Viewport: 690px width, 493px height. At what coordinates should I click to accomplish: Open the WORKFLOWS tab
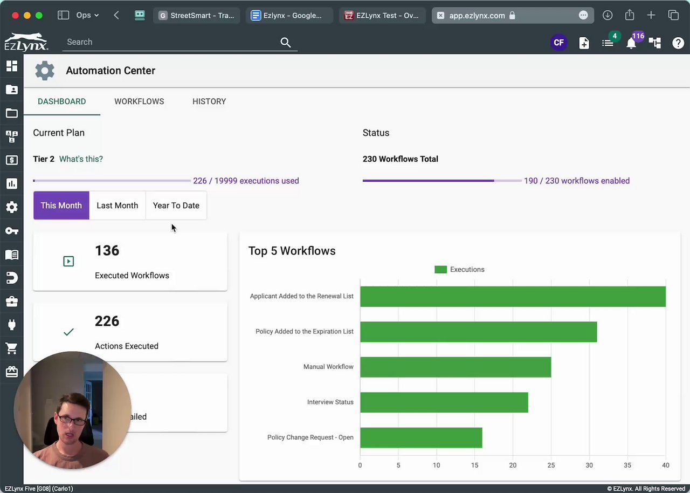point(139,101)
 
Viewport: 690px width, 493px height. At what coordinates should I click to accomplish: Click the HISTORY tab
point(209,101)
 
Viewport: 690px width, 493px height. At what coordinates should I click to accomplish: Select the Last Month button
point(117,206)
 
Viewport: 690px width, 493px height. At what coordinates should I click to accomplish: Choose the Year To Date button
point(176,206)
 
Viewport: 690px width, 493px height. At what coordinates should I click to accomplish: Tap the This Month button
point(61,206)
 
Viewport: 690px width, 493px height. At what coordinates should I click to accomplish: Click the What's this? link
point(81,159)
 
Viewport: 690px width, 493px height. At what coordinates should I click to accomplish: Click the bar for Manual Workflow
point(455,367)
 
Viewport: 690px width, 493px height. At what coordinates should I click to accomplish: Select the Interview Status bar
point(444,402)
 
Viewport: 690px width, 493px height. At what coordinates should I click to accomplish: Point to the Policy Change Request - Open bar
point(421,437)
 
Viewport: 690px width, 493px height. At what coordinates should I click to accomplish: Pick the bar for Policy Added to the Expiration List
point(478,332)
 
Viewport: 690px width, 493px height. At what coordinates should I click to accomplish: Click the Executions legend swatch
point(440,270)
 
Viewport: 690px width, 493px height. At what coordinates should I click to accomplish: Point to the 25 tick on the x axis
point(551,465)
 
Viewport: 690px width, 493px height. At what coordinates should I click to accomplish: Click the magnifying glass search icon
point(286,43)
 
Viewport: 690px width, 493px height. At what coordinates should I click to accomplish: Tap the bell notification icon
point(631,43)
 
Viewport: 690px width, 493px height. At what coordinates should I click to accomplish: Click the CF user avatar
point(558,43)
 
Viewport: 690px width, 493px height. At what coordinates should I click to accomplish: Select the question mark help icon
point(678,43)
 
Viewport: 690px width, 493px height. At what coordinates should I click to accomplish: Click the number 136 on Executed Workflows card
point(107,251)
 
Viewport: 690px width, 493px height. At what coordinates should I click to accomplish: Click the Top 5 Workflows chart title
point(292,251)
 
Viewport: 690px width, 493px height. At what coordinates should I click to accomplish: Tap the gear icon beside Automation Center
point(45,71)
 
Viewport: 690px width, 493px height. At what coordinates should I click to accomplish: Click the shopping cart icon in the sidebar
point(11,349)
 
